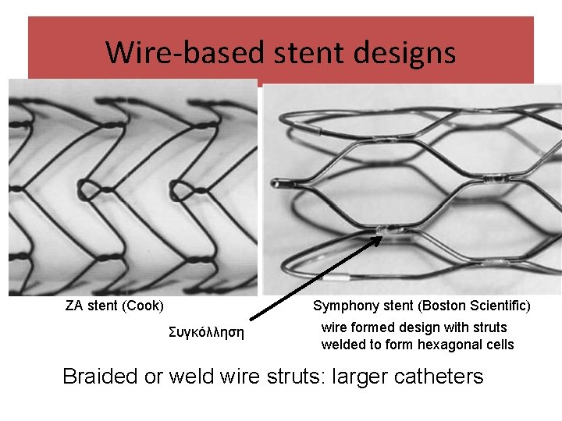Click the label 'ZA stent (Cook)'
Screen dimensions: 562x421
(x=114, y=305)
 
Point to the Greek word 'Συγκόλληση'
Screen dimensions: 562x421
(x=206, y=333)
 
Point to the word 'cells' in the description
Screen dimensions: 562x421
(x=499, y=345)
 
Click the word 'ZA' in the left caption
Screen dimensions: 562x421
(x=74, y=305)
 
